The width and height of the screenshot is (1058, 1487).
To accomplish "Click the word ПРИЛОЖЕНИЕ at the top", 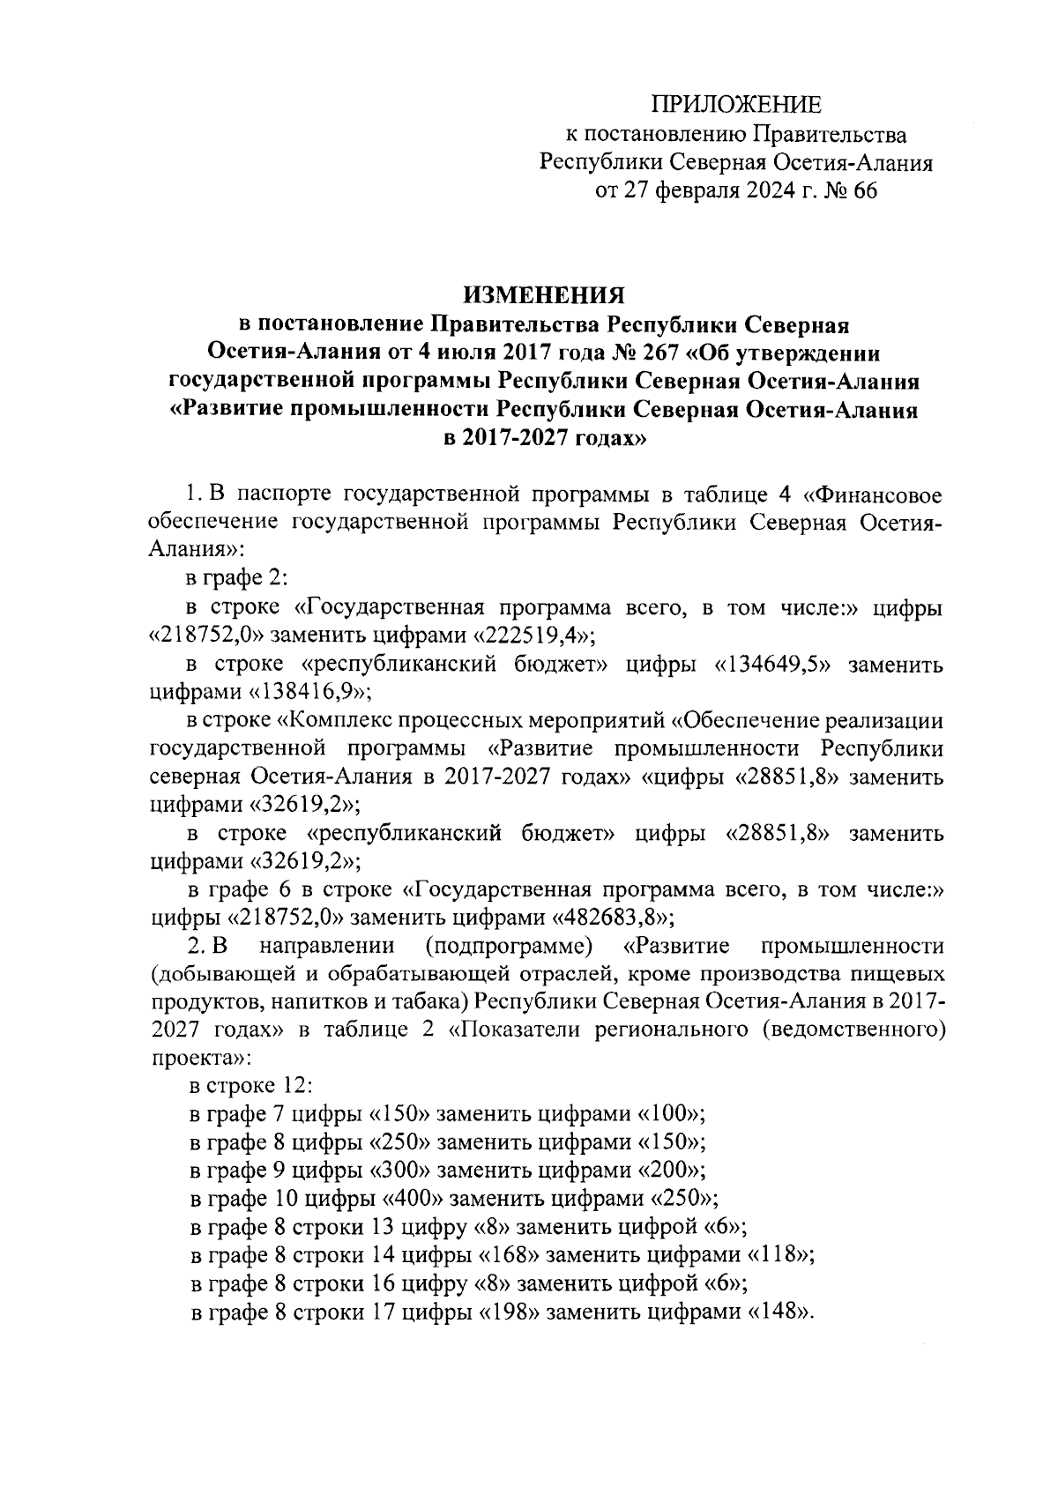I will [x=736, y=106].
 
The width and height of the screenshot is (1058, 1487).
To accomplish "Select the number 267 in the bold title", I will [x=641, y=353].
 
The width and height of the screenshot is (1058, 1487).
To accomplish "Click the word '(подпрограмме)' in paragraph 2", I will [x=507, y=947].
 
